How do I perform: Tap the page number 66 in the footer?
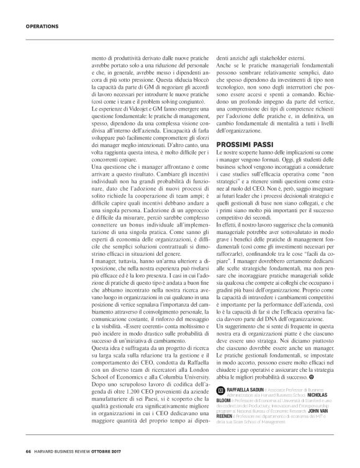click(x=29, y=451)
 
